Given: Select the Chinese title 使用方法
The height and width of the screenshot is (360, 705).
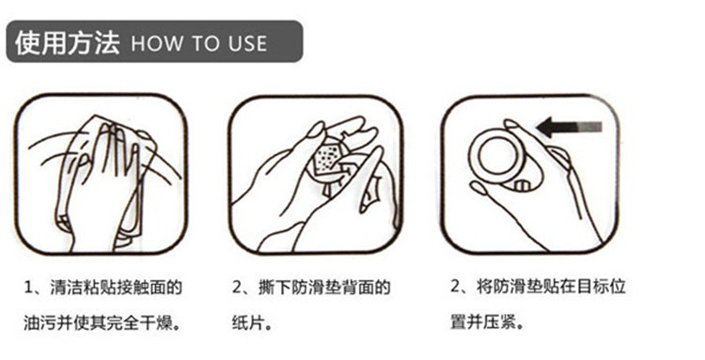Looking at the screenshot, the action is (x=68, y=42).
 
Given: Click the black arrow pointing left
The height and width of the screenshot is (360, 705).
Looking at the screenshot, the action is (x=570, y=127).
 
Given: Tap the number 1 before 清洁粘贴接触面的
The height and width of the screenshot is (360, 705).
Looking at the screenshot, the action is (x=28, y=288).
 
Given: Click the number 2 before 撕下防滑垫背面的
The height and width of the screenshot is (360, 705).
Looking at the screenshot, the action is (x=238, y=288).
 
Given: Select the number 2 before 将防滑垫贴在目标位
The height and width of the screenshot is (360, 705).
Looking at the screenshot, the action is (x=456, y=287).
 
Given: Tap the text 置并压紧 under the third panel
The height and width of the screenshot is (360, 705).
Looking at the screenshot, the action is (x=480, y=322).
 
